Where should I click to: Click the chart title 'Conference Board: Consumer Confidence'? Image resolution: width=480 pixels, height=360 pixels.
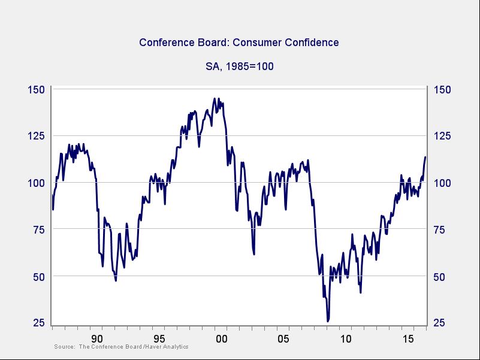pyautogui.click(x=239, y=43)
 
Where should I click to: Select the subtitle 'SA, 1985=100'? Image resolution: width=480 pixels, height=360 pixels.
pyautogui.click(x=240, y=66)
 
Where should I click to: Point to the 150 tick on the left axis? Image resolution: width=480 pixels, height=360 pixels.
pyautogui.click(x=37, y=90)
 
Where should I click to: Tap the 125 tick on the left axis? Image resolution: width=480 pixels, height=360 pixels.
pyautogui.click(x=37, y=136)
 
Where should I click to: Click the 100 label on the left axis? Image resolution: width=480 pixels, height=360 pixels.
pyautogui.click(x=37, y=183)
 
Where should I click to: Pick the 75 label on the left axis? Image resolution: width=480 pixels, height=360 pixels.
pyautogui.click(x=37, y=229)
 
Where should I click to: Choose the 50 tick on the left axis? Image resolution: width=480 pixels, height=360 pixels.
pyautogui.click(x=37, y=276)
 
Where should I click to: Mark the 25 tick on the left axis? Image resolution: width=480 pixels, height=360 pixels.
pyautogui.click(x=37, y=323)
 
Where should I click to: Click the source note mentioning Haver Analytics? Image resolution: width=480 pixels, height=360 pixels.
pyautogui.click(x=121, y=347)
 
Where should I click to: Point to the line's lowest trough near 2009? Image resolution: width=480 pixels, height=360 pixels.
pyautogui.click(x=328, y=321)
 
